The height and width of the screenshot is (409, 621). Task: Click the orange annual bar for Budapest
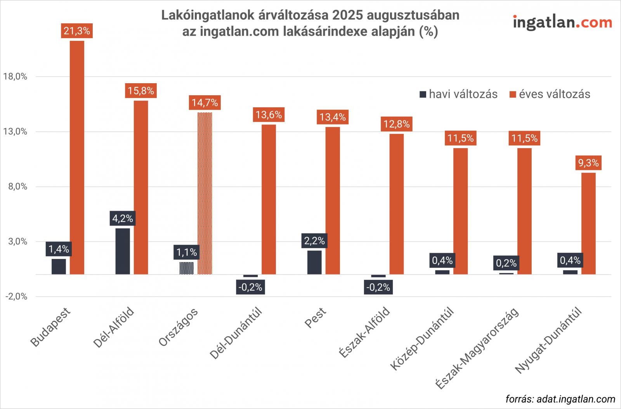[x=77, y=157]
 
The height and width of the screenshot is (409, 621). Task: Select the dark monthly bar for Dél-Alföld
[x=123, y=251]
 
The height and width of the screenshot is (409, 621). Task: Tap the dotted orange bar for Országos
[x=205, y=193]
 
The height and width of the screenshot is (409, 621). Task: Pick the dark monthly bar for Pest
[x=314, y=262]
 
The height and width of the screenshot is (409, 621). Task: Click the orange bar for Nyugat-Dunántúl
[x=588, y=224]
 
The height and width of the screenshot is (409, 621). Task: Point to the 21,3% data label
[x=77, y=31]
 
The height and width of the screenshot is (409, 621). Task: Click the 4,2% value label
[x=123, y=218]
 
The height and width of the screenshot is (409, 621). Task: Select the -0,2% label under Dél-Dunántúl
[x=250, y=287]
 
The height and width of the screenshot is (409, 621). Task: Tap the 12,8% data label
[x=396, y=124]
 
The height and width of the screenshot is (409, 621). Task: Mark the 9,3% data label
[x=588, y=163]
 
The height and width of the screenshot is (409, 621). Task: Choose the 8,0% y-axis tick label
[x=16, y=187]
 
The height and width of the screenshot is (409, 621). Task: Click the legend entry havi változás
[x=458, y=94]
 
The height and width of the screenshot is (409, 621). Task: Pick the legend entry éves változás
[x=550, y=94]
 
